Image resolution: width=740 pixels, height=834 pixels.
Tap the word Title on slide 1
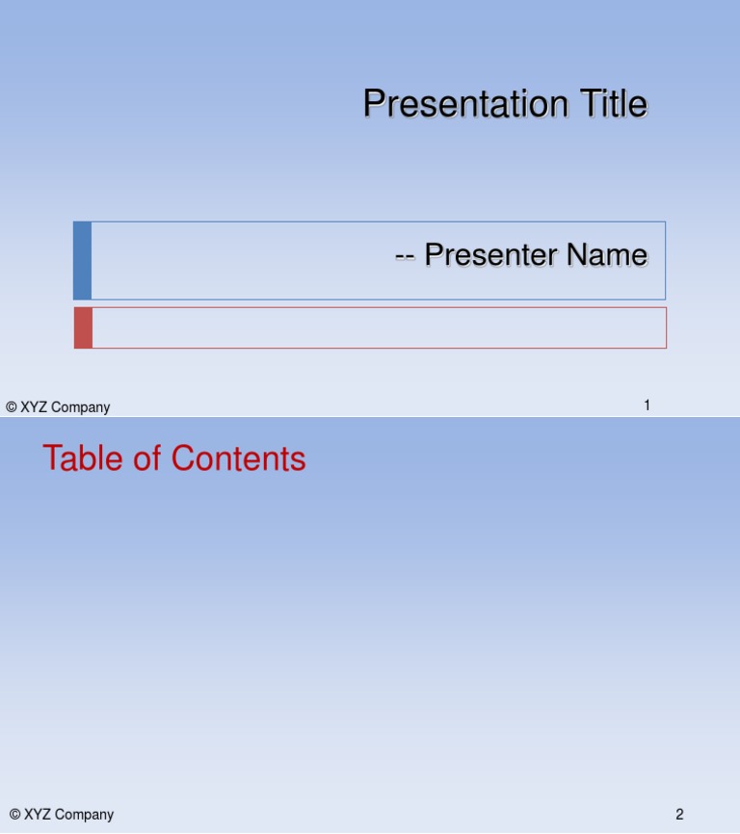click(612, 104)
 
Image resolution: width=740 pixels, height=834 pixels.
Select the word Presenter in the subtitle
click(489, 255)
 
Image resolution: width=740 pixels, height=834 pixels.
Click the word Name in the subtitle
click(606, 255)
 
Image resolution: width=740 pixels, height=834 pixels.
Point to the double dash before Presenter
click(405, 256)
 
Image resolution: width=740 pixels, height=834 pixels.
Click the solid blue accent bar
click(83, 260)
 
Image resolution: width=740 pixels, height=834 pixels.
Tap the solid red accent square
click(84, 327)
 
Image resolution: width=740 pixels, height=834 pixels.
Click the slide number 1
click(647, 405)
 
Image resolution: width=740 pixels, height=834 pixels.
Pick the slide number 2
click(679, 815)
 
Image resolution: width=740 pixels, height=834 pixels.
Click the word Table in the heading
click(84, 458)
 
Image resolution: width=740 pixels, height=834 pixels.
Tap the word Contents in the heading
click(239, 458)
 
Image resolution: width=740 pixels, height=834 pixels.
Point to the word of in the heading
click(148, 458)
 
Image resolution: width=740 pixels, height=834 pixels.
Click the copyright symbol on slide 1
click(12, 407)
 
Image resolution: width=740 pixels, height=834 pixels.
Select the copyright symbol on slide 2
click(14, 815)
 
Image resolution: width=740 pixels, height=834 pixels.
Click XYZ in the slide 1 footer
click(34, 407)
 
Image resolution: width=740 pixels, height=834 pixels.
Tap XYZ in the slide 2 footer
click(38, 815)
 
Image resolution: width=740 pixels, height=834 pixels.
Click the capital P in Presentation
click(373, 104)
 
